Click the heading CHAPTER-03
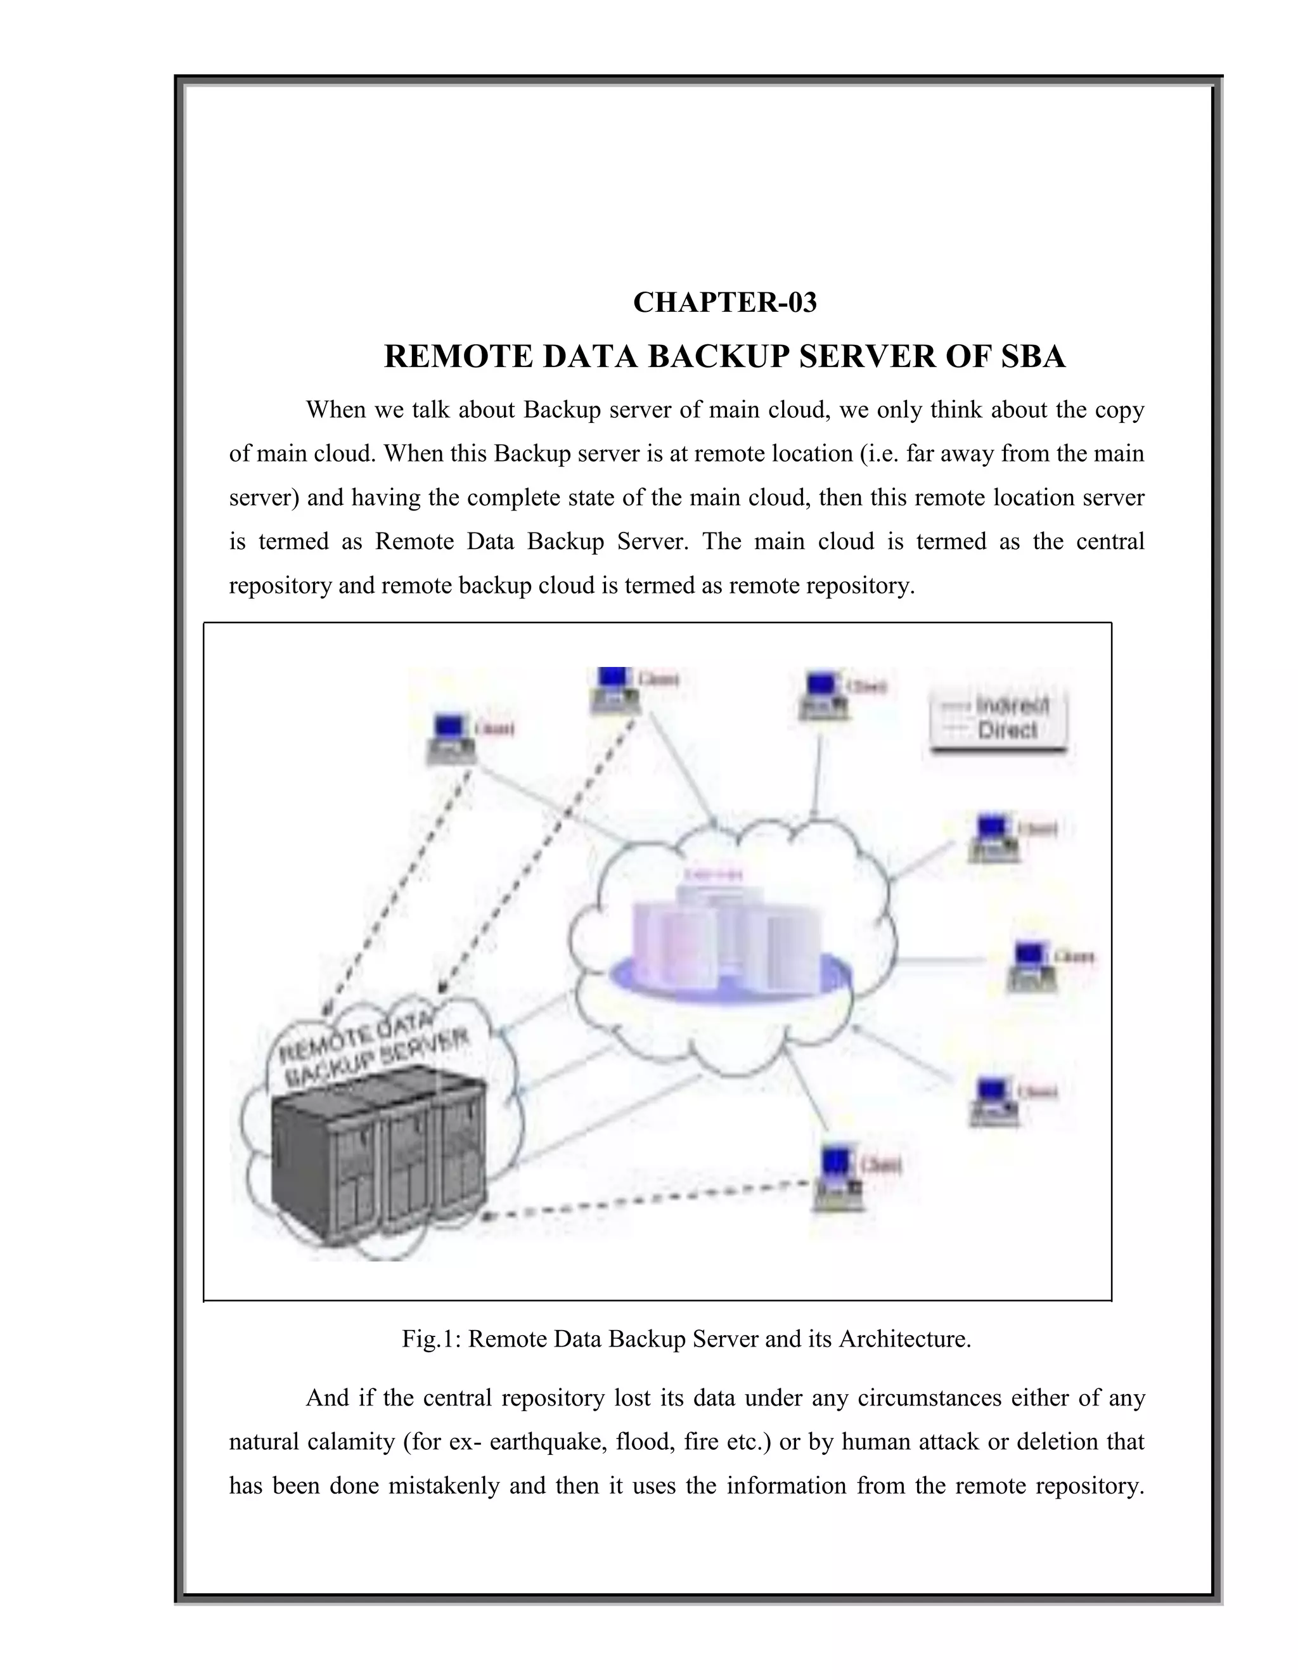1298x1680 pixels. point(724,302)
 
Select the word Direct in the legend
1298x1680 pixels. point(1007,730)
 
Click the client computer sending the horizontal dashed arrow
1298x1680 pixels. point(838,1179)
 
